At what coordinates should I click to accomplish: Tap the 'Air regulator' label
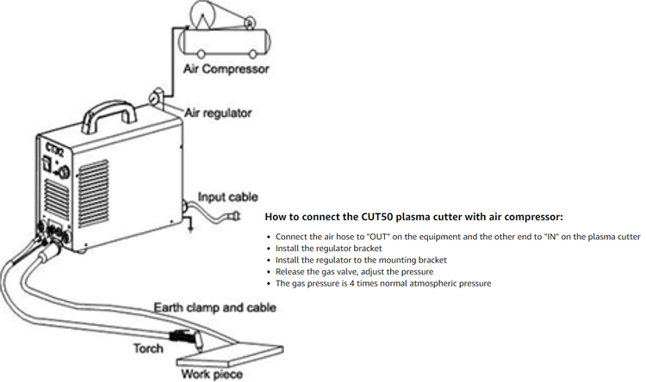tap(217, 113)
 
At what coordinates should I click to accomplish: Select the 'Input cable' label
tap(229, 197)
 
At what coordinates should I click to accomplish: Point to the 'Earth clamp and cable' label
tap(214, 307)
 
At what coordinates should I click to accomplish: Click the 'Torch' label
tap(147, 348)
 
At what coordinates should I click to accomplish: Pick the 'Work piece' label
tap(211, 373)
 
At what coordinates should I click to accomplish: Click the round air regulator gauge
tap(158, 98)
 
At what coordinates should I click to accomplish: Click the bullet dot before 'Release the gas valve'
tap(269, 272)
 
